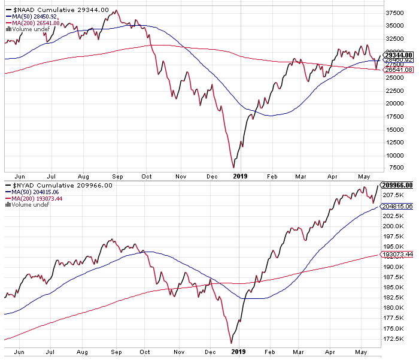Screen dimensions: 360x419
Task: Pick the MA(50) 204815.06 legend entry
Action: (x=40, y=192)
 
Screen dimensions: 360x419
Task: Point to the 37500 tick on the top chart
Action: (x=393, y=13)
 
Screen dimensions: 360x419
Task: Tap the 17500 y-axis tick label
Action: (x=393, y=116)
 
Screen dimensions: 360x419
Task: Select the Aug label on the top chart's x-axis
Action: (x=83, y=176)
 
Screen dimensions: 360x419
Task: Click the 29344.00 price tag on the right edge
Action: (x=397, y=54)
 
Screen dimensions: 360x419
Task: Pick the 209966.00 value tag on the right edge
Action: (x=399, y=186)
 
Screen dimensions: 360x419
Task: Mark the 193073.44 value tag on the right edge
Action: (x=399, y=255)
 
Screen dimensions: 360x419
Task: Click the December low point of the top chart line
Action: (x=233, y=168)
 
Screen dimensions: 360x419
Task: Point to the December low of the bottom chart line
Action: (x=232, y=343)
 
